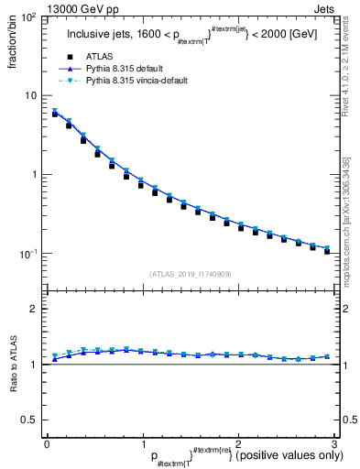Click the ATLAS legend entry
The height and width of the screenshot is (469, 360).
click(x=99, y=57)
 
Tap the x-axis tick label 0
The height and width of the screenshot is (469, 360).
click(x=47, y=443)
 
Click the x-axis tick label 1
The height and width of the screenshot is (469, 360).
click(x=142, y=443)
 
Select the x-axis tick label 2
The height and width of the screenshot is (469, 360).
click(x=237, y=443)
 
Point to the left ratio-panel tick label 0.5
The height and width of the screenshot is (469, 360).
click(x=28, y=420)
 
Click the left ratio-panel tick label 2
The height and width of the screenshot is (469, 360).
click(x=33, y=309)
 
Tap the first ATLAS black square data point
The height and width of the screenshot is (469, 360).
click(x=55, y=114)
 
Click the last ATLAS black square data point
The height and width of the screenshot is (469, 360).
click(x=327, y=250)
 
